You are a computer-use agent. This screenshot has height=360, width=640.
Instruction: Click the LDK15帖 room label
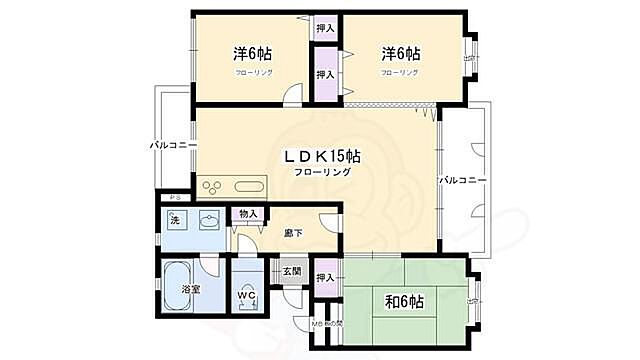(x=322, y=156)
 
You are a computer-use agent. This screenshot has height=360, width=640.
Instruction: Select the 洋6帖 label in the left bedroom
(x=254, y=54)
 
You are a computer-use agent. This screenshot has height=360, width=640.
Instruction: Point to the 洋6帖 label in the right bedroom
(x=399, y=54)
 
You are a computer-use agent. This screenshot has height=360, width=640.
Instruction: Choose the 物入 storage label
(x=248, y=214)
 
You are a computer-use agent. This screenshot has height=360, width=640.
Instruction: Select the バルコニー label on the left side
(x=171, y=145)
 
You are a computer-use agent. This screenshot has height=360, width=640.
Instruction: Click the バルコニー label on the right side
(x=461, y=180)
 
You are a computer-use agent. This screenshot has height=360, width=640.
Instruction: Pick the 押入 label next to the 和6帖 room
(x=325, y=277)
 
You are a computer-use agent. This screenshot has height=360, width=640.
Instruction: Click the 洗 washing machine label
(x=174, y=219)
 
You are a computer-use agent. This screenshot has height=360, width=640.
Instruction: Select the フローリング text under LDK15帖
(x=322, y=173)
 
